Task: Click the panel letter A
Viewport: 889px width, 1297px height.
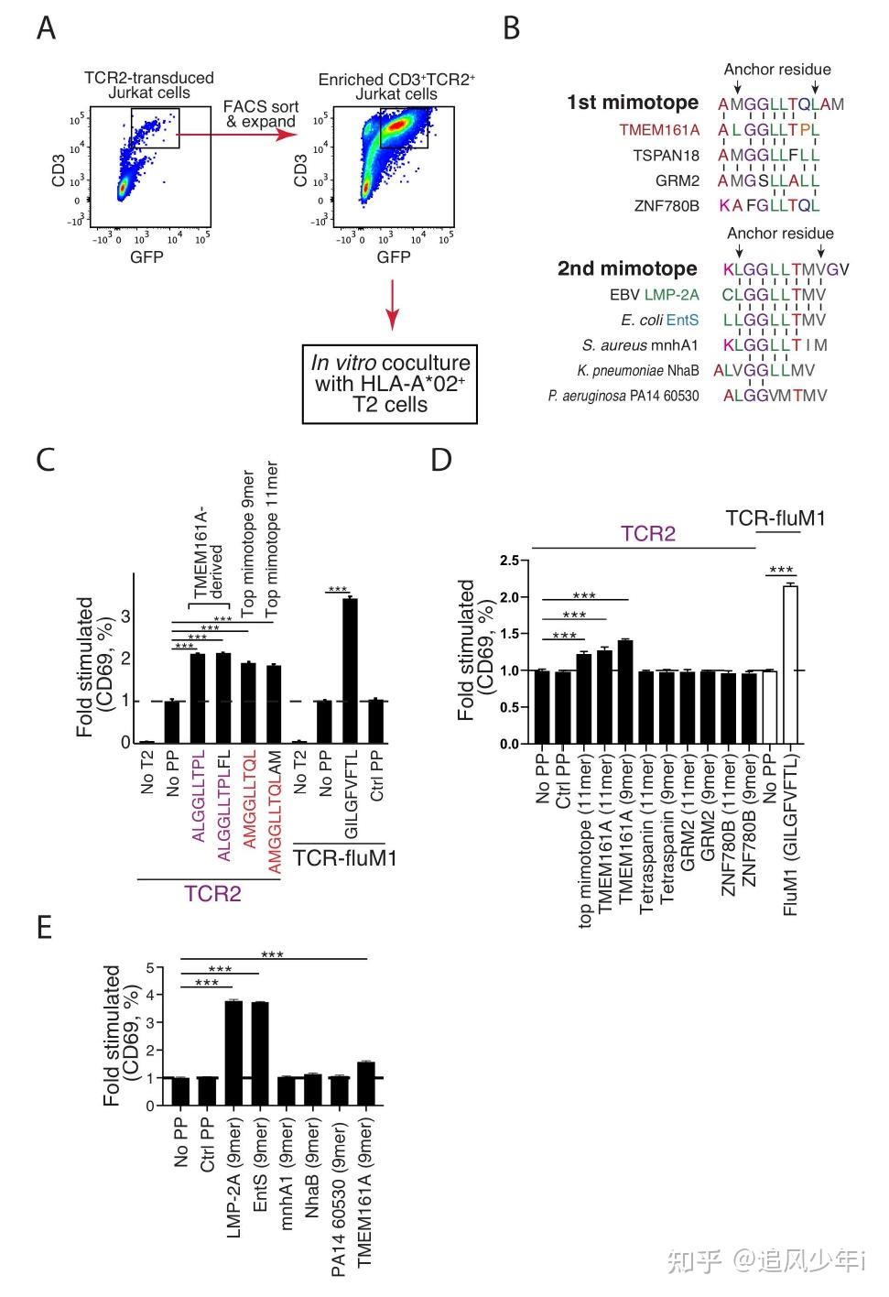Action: (x=46, y=28)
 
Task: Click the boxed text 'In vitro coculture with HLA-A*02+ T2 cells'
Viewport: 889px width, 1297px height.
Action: (x=390, y=384)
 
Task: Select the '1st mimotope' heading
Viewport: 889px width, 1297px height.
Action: (x=632, y=103)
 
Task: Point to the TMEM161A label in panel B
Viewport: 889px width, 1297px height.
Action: (x=658, y=130)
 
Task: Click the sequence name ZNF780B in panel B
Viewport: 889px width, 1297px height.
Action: (x=666, y=206)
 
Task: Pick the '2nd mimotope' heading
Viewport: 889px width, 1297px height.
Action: (x=627, y=269)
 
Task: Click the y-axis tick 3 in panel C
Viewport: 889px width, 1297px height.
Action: (x=125, y=616)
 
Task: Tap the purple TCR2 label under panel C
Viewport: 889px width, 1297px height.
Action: (x=212, y=893)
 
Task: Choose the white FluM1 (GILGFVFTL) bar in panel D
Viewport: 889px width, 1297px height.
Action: (x=790, y=664)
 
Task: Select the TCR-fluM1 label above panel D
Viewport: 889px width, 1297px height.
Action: (x=775, y=518)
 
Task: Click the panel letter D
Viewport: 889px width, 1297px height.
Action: (x=441, y=459)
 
